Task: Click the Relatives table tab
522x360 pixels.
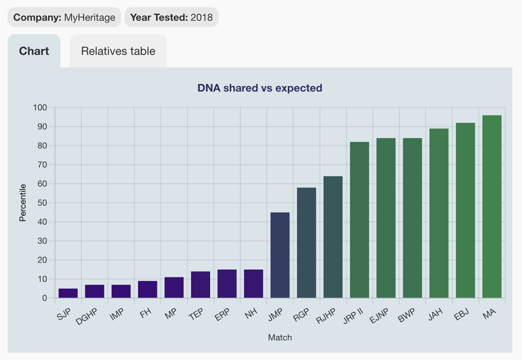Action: click(x=118, y=51)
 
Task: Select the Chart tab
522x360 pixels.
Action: click(x=34, y=51)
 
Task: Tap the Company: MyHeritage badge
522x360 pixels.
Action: click(x=64, y=17)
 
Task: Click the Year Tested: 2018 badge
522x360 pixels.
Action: click(x=171, y=17)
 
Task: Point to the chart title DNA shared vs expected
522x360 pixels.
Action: click(x=260, y=88)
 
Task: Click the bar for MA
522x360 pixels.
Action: click(x=492, y=207)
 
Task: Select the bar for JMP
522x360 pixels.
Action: click(x=280, y=255)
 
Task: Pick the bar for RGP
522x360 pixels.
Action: click(x=306, y=243)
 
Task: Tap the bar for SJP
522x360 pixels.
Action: click(x=68, y=293)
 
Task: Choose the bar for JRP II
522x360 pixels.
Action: click(x=359, y=220)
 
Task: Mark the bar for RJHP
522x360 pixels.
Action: click(x=333, y=237)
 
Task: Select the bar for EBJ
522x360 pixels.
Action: click(x=465, y=210)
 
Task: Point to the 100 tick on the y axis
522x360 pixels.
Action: click(x=40, y=108)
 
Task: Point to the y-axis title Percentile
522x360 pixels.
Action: click(x=22, y=203)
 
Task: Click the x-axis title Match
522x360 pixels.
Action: click(x=280, y=338)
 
